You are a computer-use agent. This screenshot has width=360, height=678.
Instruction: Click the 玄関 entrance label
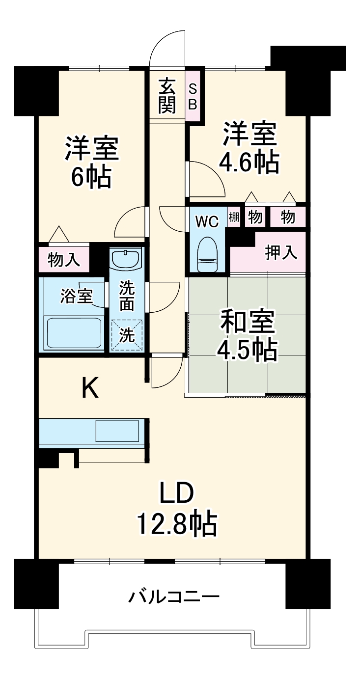[167, 96]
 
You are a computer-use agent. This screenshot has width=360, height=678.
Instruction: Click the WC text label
[207, 222]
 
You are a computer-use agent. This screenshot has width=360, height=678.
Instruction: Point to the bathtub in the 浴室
[73, 332]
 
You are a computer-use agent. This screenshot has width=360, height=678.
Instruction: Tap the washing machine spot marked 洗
[127, 336]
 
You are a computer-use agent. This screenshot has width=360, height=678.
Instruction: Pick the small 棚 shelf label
[234, 217]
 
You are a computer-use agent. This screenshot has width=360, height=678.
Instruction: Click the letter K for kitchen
[90, 388]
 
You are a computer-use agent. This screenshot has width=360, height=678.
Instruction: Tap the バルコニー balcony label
[174, 597]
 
